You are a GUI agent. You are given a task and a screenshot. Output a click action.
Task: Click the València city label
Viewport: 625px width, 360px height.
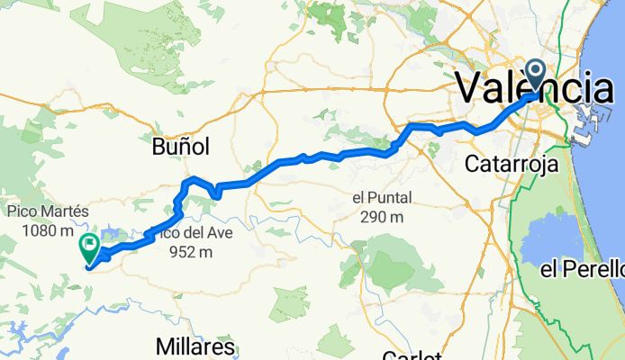pyautogui.click(x=535, y=90)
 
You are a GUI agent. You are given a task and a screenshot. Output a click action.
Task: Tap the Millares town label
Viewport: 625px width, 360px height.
pyautogui.click(x=195, y=346)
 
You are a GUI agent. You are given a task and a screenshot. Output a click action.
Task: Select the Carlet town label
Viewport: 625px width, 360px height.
pyautogui.click(x=411, y=355)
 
